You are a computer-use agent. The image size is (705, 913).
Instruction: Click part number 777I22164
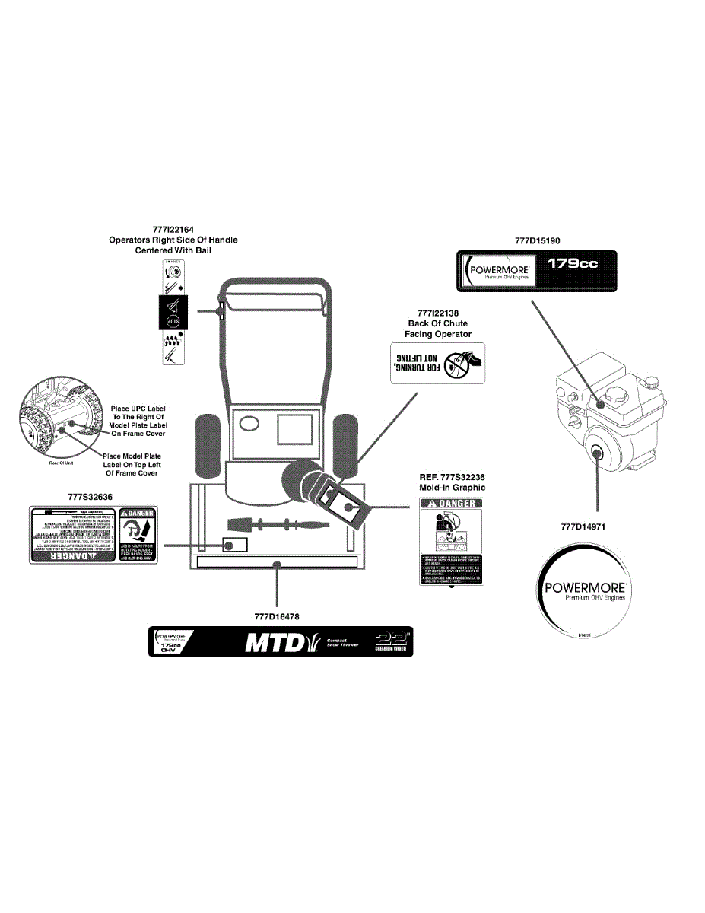173,229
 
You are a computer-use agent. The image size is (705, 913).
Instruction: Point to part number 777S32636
90,497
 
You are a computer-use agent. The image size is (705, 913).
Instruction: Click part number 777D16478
278,617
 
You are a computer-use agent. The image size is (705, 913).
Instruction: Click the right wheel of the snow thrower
346,441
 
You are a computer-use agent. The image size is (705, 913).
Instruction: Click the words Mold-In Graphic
452,487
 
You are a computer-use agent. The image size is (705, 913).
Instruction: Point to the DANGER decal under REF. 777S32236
452,542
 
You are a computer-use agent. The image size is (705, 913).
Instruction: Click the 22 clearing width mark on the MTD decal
392,644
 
